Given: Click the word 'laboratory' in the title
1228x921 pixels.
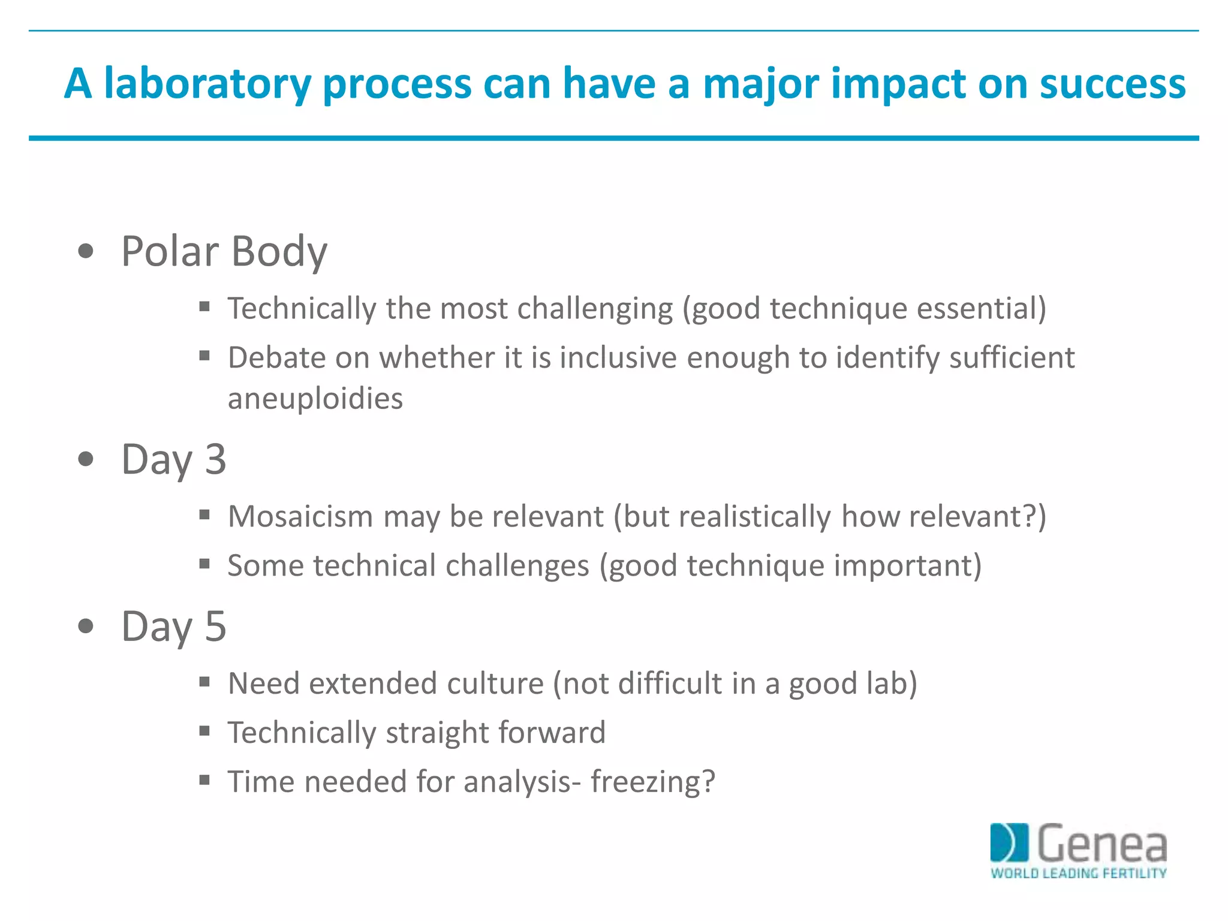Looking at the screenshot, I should (x=207, y=84).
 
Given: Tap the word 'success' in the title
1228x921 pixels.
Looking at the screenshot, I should (x=1112, y=84).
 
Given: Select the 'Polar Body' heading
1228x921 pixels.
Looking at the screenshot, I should (x=224, y=251).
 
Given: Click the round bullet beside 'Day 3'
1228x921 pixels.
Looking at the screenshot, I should (x=86, y=459).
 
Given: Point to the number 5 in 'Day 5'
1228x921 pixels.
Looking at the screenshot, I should (x=215, y=626).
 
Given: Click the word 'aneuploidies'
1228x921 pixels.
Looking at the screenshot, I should (x=315, y=399).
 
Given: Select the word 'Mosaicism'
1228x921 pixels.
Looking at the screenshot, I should (x=300, y=516).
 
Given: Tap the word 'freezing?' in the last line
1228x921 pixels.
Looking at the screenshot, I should (x=653, y=782).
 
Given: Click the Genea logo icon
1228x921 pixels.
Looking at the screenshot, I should (x=1009, y=842).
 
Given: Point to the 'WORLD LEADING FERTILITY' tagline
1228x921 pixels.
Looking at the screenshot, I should (x=1078, y=874).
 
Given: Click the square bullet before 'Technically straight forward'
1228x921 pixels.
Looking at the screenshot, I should (x=204, y=731).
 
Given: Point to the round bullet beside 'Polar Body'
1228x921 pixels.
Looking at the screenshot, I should (x=86, y=251).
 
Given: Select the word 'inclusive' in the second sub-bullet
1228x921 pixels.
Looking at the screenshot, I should (x=618, y=358).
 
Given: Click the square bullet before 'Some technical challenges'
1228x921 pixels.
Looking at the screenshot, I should (x=204, y=564).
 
